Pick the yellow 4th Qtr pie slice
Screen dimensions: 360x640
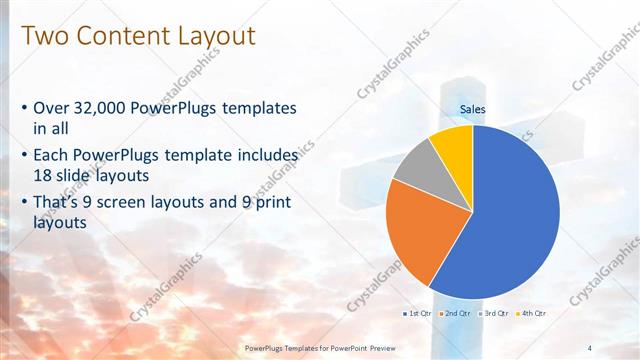453,143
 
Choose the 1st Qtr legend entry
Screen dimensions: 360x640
419,313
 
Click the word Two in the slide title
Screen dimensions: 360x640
44,36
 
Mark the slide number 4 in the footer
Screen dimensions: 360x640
591,347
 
